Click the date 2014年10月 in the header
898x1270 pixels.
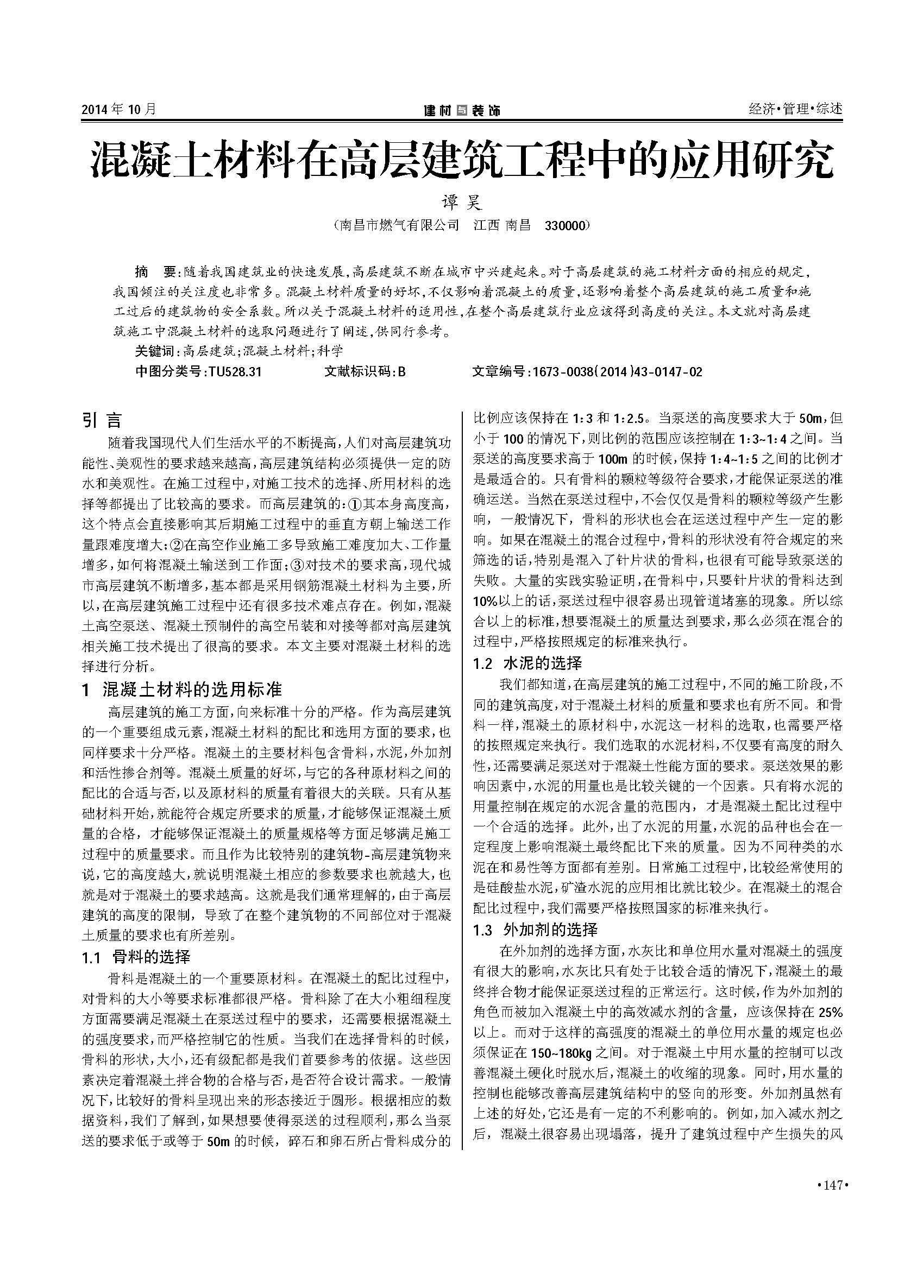[x=119, y=110]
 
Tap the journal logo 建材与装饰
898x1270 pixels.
[x=461, y=111]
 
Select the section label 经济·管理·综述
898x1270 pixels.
[x=795, y=109]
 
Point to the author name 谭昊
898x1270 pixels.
[x=461, y=203]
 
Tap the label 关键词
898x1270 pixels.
[x=155, y=351]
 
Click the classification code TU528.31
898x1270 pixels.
[x=235, y=372]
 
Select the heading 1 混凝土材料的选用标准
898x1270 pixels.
[x=182, y=689]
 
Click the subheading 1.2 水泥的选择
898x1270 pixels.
[x=528, y=662]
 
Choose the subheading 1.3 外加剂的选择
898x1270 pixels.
[x=535, y=931]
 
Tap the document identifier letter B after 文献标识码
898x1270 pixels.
[x=401, y=372]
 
